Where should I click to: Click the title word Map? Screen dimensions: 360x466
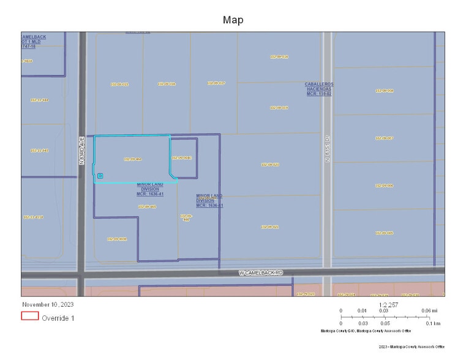[x=233, y=20]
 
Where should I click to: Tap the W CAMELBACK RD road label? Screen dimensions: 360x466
[x=263, y=272]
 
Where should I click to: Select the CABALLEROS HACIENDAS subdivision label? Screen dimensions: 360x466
[x=319, y=88]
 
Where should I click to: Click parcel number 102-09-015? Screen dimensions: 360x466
[x=119, y=84]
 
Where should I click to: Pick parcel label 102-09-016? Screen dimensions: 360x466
[x=167, y=84]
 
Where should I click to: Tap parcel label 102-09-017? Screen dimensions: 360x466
[x=216, y=83]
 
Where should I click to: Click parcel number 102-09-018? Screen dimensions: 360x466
[x=279, y=57]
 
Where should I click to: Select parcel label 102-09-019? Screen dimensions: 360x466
[x=279, y=108]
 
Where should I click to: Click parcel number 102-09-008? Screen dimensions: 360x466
[x=384, y=91]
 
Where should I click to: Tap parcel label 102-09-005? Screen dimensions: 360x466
[x=384, y=233]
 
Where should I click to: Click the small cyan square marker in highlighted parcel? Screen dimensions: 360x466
[x=100, y=176]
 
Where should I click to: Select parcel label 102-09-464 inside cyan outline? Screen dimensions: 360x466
[x=132, y=159]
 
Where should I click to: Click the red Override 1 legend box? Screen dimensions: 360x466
[x=30, y=317]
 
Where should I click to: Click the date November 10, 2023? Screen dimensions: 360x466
[x=47, y=304]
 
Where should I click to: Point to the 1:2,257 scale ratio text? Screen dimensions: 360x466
[x=389, y=304]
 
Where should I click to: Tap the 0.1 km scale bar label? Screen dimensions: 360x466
[x=434, y=323]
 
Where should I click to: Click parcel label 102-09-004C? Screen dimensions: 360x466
[x=182, y=158]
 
